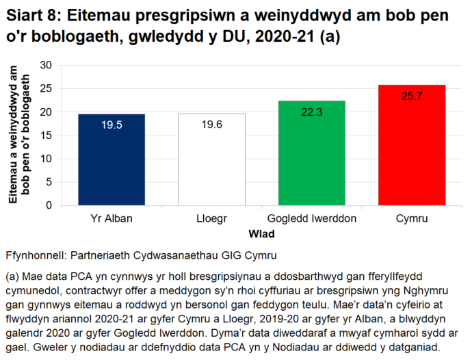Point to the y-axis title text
20,135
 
